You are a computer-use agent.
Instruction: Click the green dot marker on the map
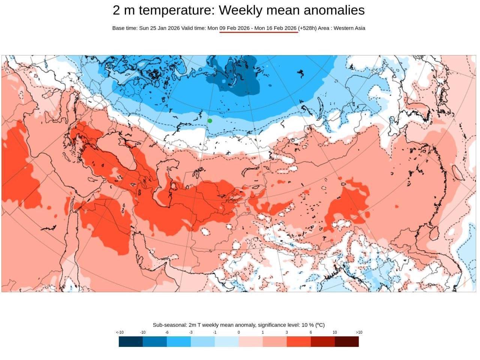click(x=210, y=121)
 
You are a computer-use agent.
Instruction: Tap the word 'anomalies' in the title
click(x=334, y=10)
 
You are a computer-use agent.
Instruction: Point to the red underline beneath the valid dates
click(x=259, y=32)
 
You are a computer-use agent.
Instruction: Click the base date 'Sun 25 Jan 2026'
click(x=159, y=28)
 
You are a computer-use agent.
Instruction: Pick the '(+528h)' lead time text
click(x=307, y=28)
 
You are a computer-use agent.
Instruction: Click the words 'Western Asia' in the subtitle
click(x=349, y=28)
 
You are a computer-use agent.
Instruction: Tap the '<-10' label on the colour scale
click(x=120, y=332)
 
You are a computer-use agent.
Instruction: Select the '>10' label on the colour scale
click(x=359, y=332)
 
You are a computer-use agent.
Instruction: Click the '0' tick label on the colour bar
click(x=238, y=332)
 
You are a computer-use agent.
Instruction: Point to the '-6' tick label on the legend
click(x=166, y=332)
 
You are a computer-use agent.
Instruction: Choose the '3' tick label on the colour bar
click(x=286, y=332)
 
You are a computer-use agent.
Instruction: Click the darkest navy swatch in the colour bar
click(x=131, y=342)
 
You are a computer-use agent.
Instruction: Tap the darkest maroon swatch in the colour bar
click(x=346, y=342)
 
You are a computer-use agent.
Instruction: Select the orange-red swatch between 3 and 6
click(x=298, y=342)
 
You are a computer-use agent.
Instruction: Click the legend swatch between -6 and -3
click(x=178, y=342)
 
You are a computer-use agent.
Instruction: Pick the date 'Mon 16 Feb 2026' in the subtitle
click(x=275, y=28)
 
